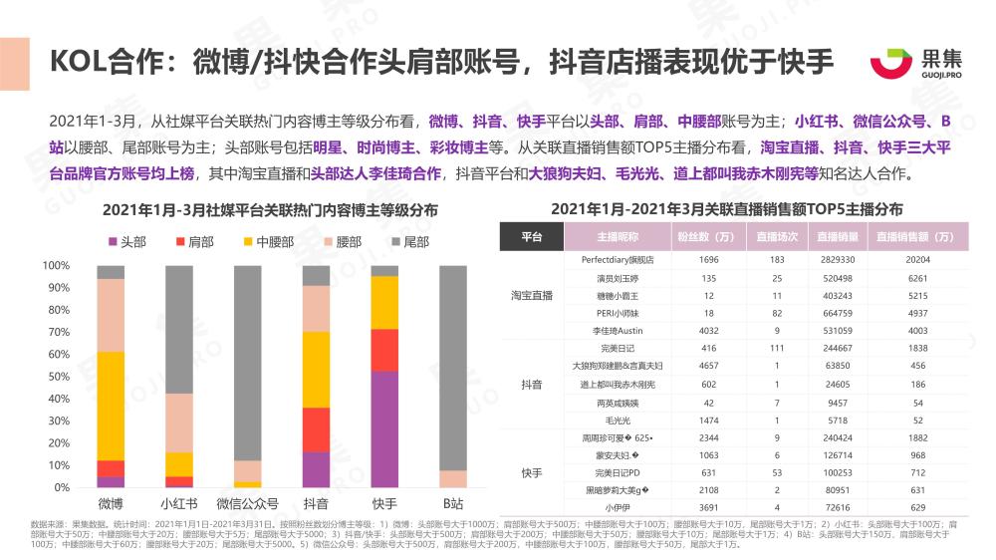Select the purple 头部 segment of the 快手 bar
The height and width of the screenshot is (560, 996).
[384, 428]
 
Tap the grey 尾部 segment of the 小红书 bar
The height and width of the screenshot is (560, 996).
[179, 329]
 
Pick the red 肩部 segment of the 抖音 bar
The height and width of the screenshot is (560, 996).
[316, 429]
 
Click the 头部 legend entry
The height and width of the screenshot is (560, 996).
[124, 242]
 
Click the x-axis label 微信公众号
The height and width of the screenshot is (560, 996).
[247, 503]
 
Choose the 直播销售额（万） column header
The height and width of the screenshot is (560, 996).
[915, 237]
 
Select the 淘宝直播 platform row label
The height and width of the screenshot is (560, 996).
[532, 296]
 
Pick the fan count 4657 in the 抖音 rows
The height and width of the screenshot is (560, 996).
[709, 366]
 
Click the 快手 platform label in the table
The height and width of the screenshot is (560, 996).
[532, 472]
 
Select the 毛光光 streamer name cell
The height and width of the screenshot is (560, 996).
[611, 420]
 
